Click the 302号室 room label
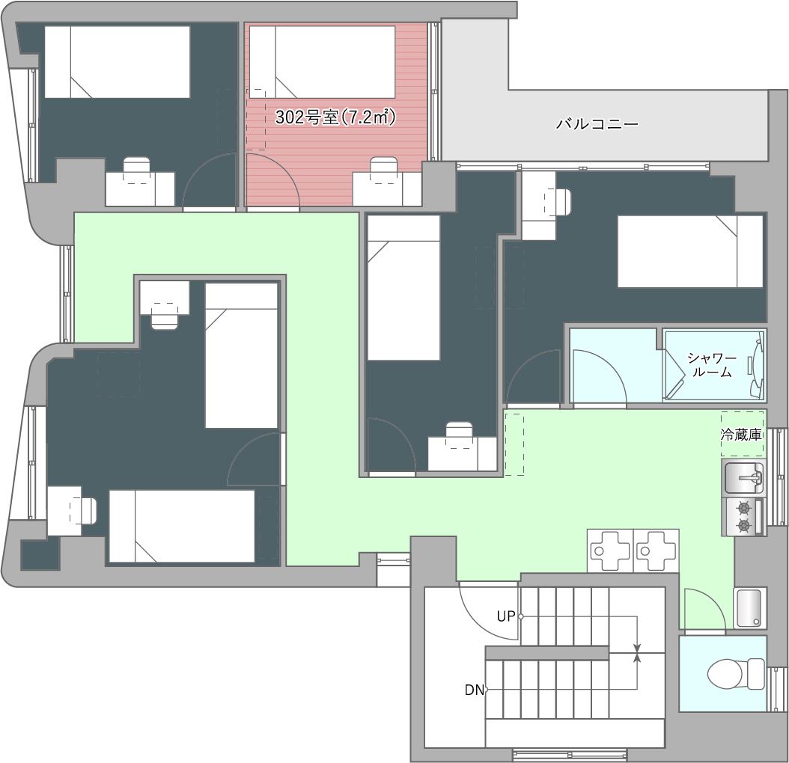click(x=335, y=117)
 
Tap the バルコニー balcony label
click(x=597, y=123)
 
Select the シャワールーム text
click(x=711, y=365)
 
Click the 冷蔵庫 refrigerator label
click(x=741, y=435)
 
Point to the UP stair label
click(x=506, y=616)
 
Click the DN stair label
click(x=474, y=690)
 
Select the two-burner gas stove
click(x=744, y=517)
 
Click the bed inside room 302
click(x=322, y=62)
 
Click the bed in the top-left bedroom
click(x=118, y=62)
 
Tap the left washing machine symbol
click(x=610, y=551)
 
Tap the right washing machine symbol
click(x=657, y=551)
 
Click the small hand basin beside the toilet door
click(x=750, y=607)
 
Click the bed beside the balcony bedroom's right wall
click(x=690, y=251)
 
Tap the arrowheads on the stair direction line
click(x=638, y=653)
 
